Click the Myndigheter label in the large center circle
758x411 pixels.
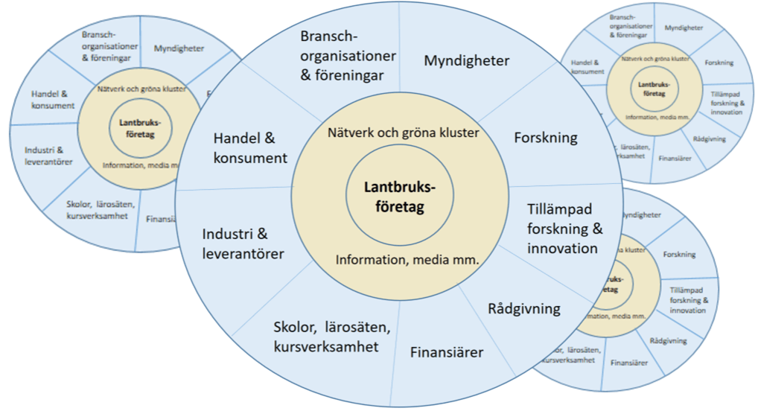[x=467, y=60]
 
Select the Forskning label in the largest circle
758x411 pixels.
[x=546, y=138]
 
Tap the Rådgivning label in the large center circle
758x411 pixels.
[x=524, y=308]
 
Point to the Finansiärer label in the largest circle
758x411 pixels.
[x=447, y=351]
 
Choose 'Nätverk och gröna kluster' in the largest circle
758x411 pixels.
[x=403, y=133]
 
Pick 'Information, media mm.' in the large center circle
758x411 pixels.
[x=407, y=260]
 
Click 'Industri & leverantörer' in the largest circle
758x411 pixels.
[x=243, y=244]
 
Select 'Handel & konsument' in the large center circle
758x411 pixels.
[x=250, y=148]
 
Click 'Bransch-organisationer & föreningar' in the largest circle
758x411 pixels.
[x=348, y=56]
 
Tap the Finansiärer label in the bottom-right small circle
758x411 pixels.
[x=628, y=363]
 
